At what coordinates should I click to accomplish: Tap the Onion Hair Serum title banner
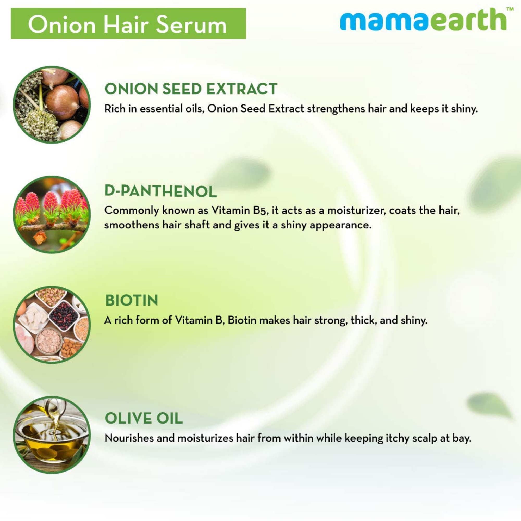128,23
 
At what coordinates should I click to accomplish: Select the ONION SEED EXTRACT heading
191,89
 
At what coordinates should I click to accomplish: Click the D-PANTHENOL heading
160,191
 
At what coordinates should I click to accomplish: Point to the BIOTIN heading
132,300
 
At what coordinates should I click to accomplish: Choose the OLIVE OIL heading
144,418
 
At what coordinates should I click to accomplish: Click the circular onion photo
52,105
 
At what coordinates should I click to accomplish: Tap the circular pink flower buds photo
52,214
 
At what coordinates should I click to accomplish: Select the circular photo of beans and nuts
52,325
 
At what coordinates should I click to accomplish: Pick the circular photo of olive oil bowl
52,435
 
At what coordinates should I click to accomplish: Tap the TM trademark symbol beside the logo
510,9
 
